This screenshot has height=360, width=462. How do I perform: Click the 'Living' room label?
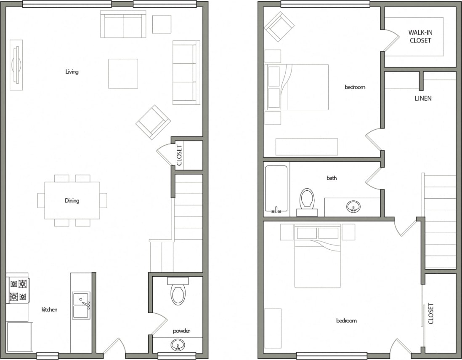[72, 72]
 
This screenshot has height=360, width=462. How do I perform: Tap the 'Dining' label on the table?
[72, 200]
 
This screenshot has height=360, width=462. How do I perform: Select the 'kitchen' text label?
[49, 309]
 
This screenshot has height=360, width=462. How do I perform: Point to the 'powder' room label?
[181, 331]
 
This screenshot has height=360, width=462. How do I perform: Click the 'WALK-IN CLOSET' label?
[420, 37]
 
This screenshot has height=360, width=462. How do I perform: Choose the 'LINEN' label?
[423, 99]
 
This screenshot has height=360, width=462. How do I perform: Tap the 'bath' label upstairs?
[332, 178]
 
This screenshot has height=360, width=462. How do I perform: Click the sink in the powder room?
[178, 346]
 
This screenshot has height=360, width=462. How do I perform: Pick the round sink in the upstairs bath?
[353, 206]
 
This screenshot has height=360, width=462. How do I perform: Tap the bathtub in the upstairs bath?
[276, 189]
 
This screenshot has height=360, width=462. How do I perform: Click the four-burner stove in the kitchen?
[18, 290]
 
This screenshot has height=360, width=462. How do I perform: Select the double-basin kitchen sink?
[81, 305]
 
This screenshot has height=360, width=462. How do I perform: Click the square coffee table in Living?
[123, 74]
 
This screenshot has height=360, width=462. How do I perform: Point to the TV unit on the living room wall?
[16, 65]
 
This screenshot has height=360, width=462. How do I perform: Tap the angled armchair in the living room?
[153, 122]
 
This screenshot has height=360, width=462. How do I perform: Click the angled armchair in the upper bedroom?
[279, 27]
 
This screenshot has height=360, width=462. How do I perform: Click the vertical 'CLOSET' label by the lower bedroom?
[430, 314]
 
